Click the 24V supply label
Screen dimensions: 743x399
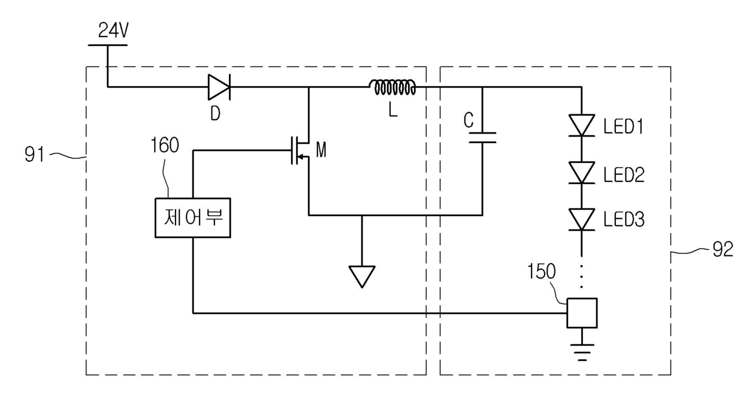coord(113,31)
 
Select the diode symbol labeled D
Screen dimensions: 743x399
coord(219,87)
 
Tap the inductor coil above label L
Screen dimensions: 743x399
coord(392,87)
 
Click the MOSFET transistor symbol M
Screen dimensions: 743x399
coord(300,150)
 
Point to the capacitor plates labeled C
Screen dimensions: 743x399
coord(482,138)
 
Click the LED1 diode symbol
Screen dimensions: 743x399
coord(581,125)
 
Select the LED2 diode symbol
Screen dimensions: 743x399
coord(581,173)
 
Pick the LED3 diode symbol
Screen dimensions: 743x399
coord(581,219)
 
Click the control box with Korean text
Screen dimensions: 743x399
coord(193,218)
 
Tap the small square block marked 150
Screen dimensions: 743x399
coord(582,313)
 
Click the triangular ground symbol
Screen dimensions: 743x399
coord(362,277)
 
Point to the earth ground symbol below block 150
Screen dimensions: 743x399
coord(582,352)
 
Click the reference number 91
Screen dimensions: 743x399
coord(35,155)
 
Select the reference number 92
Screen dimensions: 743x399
coord(723,249)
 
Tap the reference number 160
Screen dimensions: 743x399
coord(165,145)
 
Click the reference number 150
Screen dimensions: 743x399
coord(541,271)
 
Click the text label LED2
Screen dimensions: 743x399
coord(624,175)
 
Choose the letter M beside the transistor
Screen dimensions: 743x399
coord(321,149)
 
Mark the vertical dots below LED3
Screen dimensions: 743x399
coord(581,276)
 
